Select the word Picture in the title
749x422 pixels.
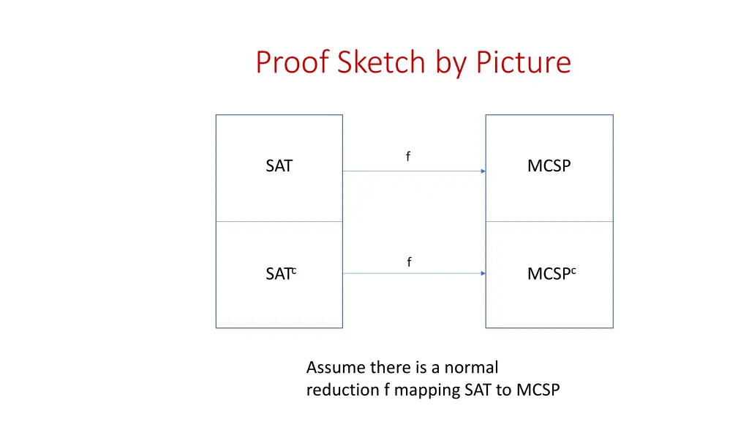(x=523, y=62)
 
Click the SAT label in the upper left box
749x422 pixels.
(x=279, y=166)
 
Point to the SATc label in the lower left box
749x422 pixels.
(x=280, y=274)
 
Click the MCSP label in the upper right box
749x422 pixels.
(x=549, y=166)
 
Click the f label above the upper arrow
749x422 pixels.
(x=408, y=156)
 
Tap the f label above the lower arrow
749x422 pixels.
(x=409, y=262)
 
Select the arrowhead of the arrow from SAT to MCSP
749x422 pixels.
(x=483, y=171)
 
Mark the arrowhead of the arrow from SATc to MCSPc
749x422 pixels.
(x=483, y=273)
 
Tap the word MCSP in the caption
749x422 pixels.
(x=538, y=390)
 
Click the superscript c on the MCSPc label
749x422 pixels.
(x=573, y=271)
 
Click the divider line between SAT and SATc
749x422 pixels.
(x=279, y=221)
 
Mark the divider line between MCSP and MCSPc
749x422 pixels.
(x=549, y=221)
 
